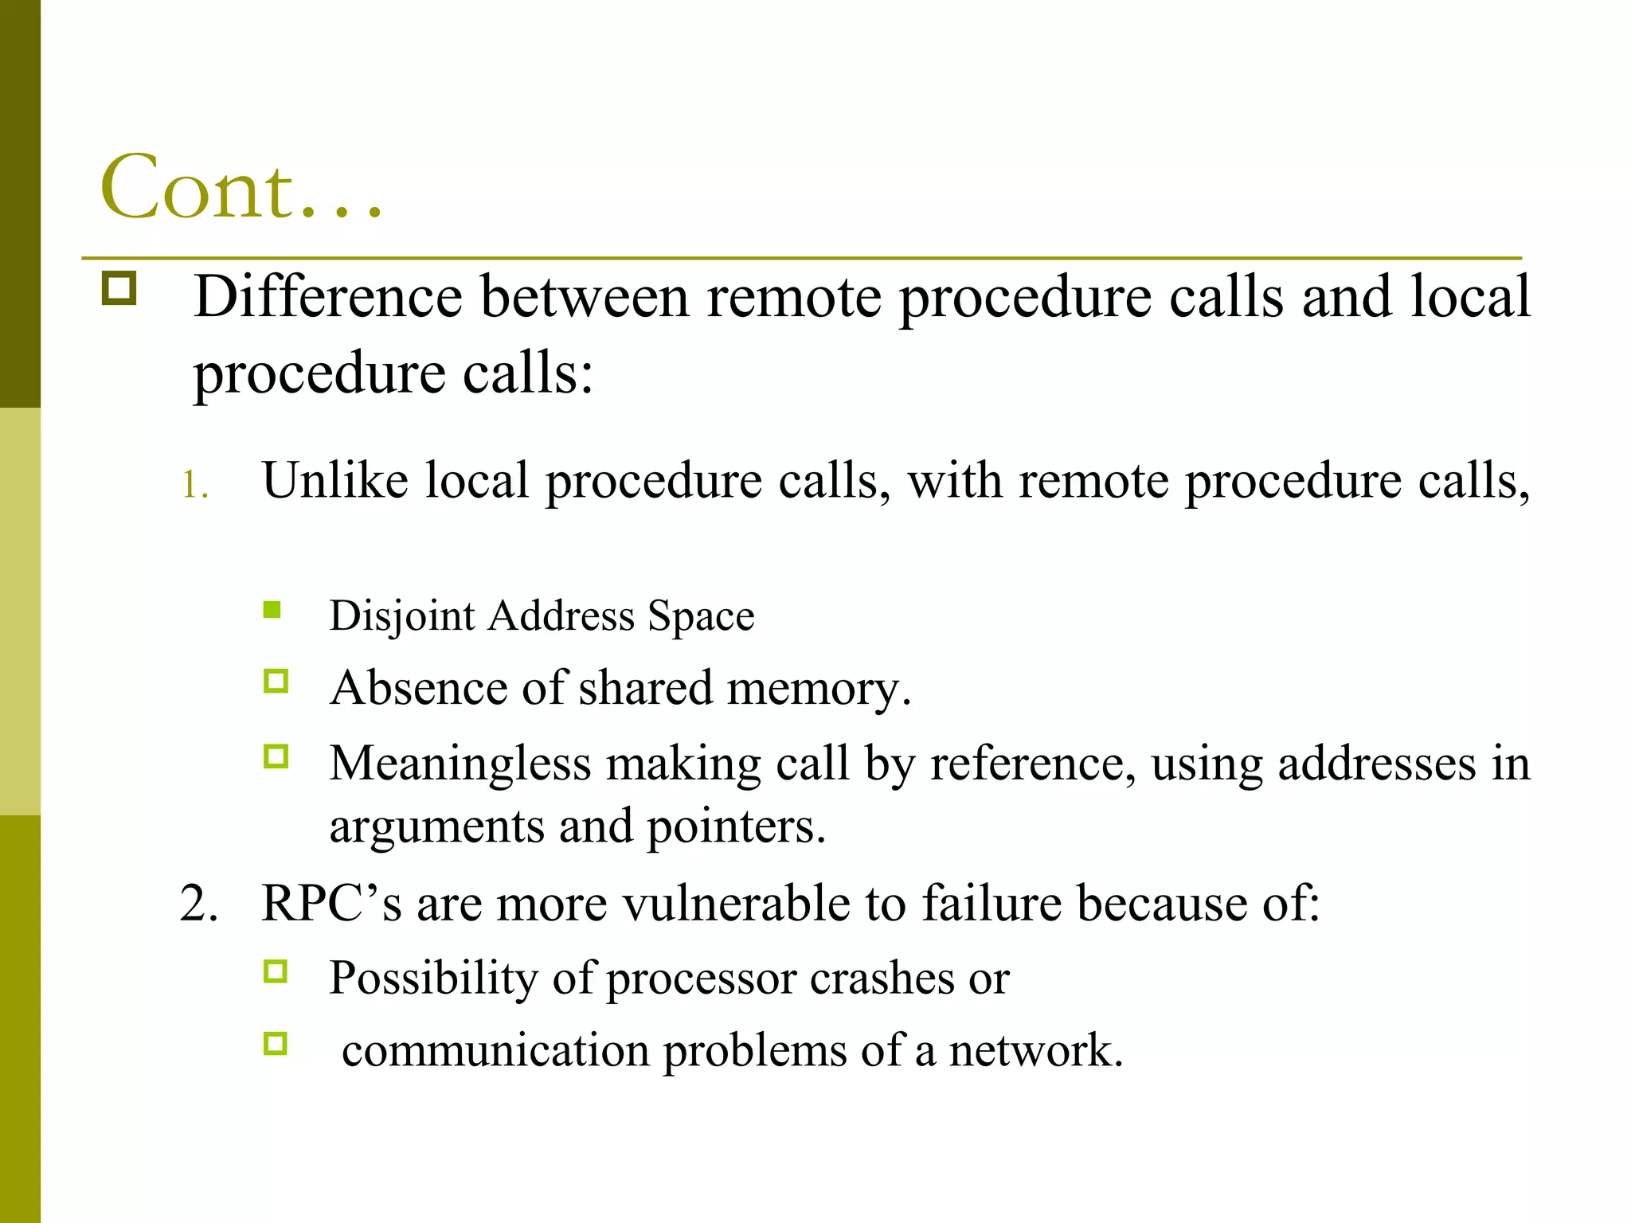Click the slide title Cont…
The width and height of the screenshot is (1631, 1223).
coord(241,188)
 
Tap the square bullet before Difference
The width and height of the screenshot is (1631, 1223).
coord(119,288)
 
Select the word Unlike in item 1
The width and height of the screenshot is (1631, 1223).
coord(334,480)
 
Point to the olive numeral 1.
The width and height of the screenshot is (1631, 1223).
coord(194,485)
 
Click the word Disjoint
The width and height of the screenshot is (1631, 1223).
coord(402,615)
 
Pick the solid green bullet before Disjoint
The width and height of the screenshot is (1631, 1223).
coord(272,611)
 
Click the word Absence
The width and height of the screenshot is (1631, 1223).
coord(418,687)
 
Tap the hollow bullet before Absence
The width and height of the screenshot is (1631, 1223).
coord(276,682)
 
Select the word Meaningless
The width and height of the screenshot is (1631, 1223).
coord(460,764)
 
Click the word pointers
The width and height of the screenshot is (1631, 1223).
coord(736,826)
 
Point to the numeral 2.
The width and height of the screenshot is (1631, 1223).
coord(198,904)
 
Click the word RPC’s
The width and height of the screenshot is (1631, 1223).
coord(331,904)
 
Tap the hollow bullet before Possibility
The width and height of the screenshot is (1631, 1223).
coord(276,971)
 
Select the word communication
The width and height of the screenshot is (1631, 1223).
coord(495,1050)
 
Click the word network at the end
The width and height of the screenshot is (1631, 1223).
coord(1035,1050)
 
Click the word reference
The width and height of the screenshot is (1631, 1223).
coord(1033,764)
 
